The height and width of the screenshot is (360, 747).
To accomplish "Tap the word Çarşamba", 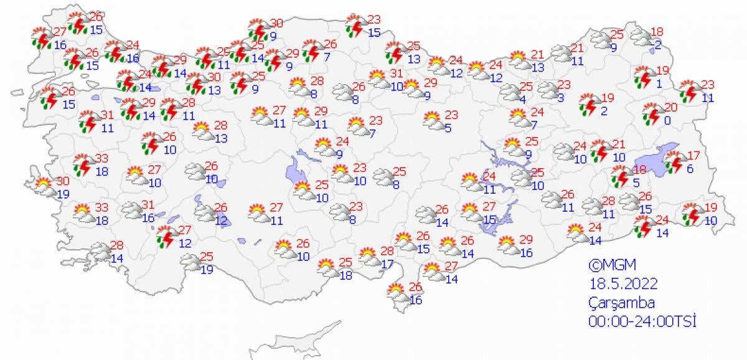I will (x=622, y=303).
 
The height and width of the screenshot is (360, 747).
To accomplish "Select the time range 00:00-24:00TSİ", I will (x=642, y=321).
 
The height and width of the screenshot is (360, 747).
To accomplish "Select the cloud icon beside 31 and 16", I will (x=131, y=211).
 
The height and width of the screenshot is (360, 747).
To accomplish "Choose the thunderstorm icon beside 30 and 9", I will (x=258, y=29).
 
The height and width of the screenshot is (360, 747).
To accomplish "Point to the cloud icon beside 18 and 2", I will (x=641, y=39).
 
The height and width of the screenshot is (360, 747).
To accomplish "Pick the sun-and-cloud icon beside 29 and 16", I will (x=509, y=245).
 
